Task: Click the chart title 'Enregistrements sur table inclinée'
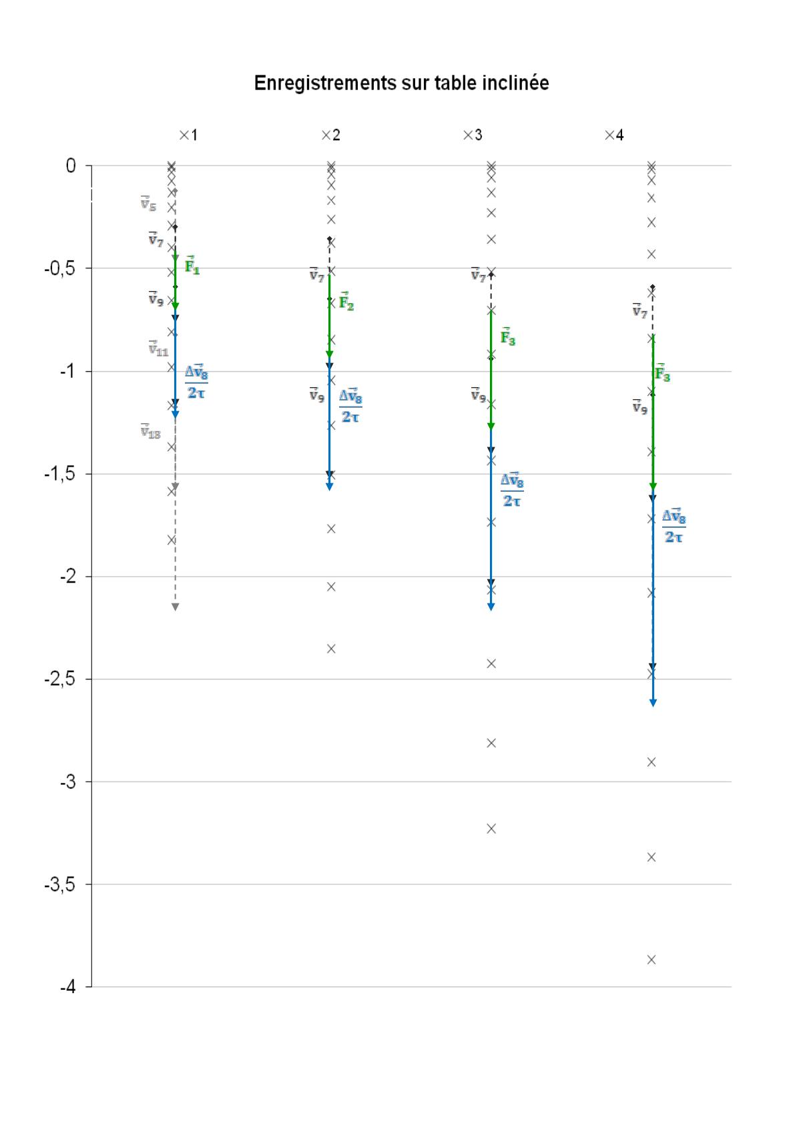point(401,83)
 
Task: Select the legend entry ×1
point(188,135)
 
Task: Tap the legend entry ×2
point(330,135)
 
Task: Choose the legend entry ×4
point(614,135)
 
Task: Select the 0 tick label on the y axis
point(70,166)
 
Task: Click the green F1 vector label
point(192,266)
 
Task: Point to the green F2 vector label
point(346,302)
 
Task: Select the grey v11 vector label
point(158,348)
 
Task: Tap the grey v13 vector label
point(151,432)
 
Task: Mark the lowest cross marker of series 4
point(651,960)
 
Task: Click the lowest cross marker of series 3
point(491,828)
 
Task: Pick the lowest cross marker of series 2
point(331,648)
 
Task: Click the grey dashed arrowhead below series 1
point(175,606)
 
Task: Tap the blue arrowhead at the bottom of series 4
point(653,702)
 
